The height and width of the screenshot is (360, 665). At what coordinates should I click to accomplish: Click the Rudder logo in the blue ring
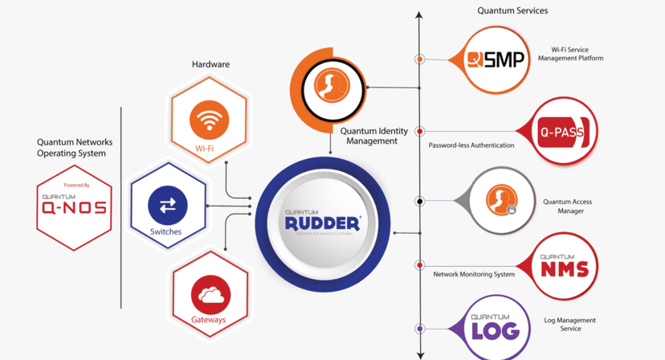pos(323,222)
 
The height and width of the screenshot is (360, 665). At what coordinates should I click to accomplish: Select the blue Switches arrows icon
pos(167,207)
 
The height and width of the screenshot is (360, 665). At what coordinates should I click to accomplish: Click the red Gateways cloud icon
pos(210,295)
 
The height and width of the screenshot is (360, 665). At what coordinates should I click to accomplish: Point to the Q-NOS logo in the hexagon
pos(74,207)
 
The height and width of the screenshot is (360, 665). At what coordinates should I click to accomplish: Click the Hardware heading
pos(210,64)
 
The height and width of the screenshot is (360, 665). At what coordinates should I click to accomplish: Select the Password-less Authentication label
pos(471,145)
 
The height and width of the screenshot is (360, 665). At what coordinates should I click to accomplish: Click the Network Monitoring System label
pos(474,274)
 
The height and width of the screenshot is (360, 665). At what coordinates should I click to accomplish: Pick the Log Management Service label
pos(571,324)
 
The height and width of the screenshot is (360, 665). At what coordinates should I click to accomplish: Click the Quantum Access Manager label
pos(567,207)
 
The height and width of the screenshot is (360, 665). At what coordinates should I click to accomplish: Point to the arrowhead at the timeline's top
pos(419,14)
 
